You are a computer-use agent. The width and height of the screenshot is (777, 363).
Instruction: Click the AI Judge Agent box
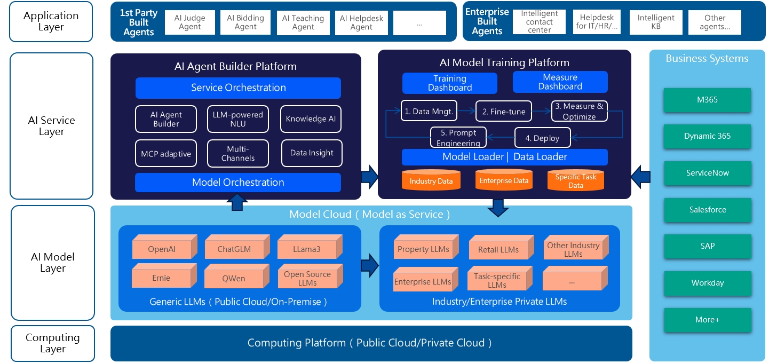(190, 22)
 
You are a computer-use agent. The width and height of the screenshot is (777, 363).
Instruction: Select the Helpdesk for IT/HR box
(597, 22)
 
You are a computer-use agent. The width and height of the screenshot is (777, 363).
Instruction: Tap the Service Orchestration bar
(238, 88)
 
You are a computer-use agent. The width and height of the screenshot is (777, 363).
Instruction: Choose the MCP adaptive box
(166, 153)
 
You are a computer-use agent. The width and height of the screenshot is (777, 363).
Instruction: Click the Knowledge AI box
(311, 119)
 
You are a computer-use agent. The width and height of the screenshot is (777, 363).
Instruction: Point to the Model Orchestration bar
(238, 183)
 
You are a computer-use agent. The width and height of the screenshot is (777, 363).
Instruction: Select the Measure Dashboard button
(560, 82)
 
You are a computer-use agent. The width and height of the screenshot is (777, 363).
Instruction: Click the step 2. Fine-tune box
(504, 112)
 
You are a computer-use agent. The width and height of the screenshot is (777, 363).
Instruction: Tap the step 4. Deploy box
(542, 138)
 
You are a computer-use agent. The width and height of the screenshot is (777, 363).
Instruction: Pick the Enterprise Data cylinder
(504, 180)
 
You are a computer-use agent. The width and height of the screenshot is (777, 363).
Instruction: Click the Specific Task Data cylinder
(576, 180)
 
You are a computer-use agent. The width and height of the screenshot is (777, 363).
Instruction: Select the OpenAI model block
(162, 249)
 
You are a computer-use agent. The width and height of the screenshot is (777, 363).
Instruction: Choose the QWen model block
(234, 278)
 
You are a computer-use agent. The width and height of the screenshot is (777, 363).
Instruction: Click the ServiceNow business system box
(707, 173)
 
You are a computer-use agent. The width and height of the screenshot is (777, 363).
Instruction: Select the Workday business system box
(707, 283)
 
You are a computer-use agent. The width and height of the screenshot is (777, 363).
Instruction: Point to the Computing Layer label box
(52, 343)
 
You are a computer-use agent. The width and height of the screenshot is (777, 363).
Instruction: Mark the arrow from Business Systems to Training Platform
(640, 176)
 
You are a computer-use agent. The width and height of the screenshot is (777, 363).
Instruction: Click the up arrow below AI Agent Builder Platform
(237, 202)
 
